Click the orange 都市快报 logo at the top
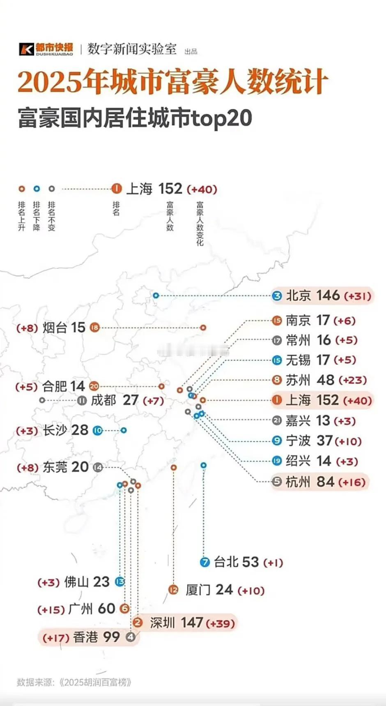click(x=46, y=49)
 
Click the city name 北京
click(x=298, y=295)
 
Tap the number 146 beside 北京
click(x=328, y=295)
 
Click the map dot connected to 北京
click(x=156, y=295)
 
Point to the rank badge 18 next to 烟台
click(x=95, y=328)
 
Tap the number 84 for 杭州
click(x=325, y=482)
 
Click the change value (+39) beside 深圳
click(x=220, y=623)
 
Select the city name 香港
click(x=85, y=637)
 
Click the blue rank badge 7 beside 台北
click(x=204, y=562)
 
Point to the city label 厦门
click(x=198, y=590)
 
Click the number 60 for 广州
click(x=106, y=609)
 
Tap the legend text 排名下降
click(x=37, y=216)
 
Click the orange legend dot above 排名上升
click(x=22, y=189)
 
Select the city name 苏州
click(x=298, y=380)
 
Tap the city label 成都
click(x=103, y=400)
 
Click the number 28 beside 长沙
click(x=80, y=430)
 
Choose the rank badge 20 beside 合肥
click(x=94, y=386)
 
